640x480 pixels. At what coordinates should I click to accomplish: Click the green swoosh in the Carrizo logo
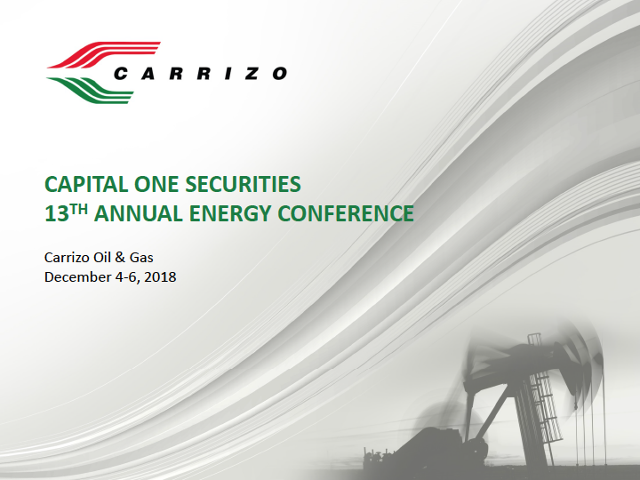click(91, 90)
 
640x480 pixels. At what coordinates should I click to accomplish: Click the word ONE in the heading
click(156, 184)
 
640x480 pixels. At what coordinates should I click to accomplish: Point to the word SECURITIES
click(243, 184)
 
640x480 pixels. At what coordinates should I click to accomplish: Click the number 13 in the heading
click(57, 214)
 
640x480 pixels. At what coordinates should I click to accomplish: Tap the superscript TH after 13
click(78, 209)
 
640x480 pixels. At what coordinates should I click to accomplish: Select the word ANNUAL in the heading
click(139, 214)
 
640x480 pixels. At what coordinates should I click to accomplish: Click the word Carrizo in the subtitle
click(67, 258)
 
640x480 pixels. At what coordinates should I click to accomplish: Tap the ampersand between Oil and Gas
click(120, 258)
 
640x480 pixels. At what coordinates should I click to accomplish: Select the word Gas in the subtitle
click(141, 258)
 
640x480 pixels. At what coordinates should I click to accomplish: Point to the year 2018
click(160, 277)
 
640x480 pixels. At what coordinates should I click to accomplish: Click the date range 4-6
click(127, 277)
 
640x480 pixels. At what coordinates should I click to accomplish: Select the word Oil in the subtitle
click(101, 258)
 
